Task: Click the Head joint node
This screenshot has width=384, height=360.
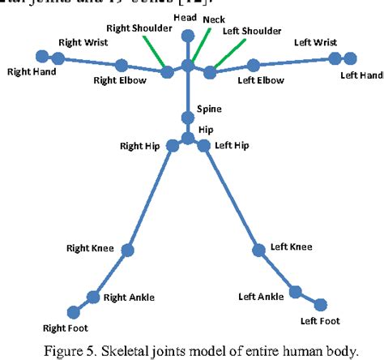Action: (x=188, y=35)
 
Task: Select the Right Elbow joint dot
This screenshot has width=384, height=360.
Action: (x=121, y=65)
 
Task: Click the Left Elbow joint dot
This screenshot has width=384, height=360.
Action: (x=253, y=65)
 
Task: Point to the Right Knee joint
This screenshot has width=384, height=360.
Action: (x=127, y=251)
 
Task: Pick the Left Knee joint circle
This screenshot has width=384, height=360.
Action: (x=260, y=251)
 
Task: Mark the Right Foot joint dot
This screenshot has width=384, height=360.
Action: (x=74, y=311)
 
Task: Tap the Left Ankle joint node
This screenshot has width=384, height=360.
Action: (x=297, y=290)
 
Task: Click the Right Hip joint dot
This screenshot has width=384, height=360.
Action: (x=173, y=146)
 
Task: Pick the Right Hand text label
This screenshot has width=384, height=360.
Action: (x=31, y=72)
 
